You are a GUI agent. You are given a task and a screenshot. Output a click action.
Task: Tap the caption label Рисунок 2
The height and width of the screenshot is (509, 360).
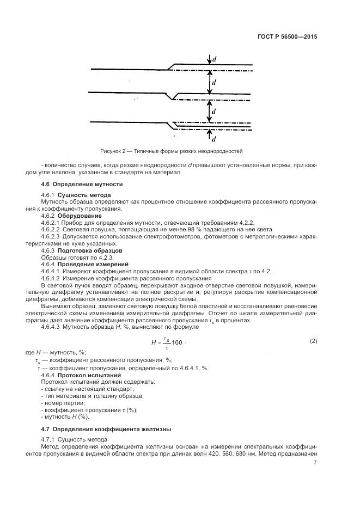click(x=113, y=150)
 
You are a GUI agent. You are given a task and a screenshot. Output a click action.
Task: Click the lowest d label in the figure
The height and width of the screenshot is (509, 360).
click(x=213, y=138)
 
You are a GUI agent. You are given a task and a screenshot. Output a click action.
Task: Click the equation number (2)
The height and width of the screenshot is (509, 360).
click(x=313, y=341)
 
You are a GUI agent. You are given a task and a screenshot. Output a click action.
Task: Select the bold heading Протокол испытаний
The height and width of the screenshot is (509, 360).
click(x=85, y=375)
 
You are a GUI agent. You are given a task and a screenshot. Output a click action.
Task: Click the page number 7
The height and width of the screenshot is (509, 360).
click(x=315, y=463)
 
